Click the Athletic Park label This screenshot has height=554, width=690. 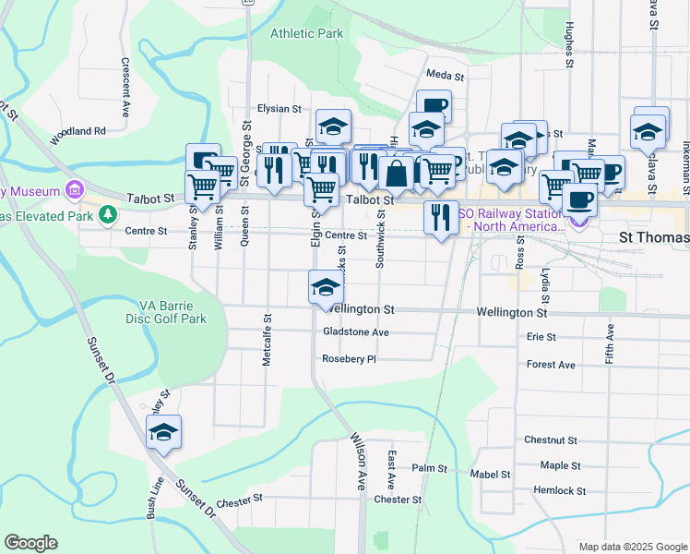(306, 34)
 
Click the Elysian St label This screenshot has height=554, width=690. (280, 109)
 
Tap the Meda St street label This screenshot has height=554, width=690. (443, 75)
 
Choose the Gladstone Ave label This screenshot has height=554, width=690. (356, 332)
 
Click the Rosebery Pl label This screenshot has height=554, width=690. (350, 359)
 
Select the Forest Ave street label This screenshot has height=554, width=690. (551, 365)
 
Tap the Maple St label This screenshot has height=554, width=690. (561, 466)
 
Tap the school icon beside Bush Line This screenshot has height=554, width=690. (163, 432)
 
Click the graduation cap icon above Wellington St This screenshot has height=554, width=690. (325, 287)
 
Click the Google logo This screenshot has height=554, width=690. (30, 543)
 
